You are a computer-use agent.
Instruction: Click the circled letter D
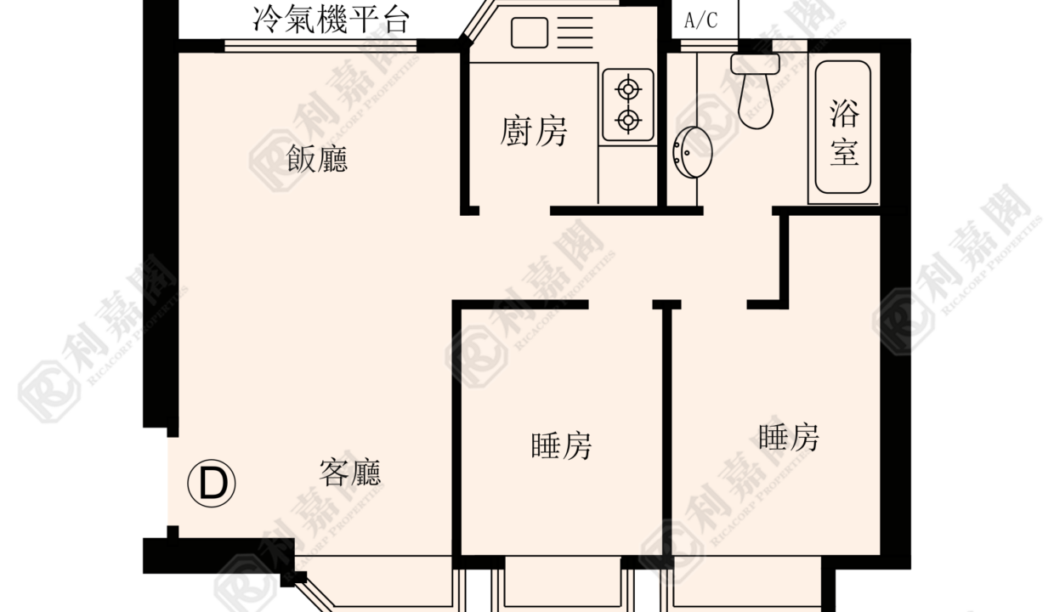click(x=212, y=484)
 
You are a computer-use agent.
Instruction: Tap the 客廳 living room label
click(x=349, y=473)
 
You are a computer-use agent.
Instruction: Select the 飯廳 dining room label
click(x=317, y=159)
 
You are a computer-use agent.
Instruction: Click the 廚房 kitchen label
click(x=533, y=131)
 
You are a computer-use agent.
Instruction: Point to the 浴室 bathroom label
click(x=844, y=133)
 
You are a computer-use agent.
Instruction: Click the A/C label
click(x=700, y=20)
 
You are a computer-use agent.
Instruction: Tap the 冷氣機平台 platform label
click(x=331, y=20)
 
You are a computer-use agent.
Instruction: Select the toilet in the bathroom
click(x=756, y=90)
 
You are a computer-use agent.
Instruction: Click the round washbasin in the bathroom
click(x=692, y=152)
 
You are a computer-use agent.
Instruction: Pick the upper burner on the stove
click(x=628, y=89)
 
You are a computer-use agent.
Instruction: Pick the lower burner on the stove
click(x=628, y=121)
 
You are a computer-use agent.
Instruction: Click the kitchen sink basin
click(x=530, y=33)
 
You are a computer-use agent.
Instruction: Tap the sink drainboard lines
click(x=575, y=32)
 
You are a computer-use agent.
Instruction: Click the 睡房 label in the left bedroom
click(x=561, y=445)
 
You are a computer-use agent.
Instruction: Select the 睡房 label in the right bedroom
click(x=789, y=438)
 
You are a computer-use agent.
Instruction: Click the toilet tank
click(x=755, y=64)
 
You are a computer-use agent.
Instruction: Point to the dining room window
click(x=320, y=46)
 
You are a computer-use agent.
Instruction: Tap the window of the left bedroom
click(x=563, y=583)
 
